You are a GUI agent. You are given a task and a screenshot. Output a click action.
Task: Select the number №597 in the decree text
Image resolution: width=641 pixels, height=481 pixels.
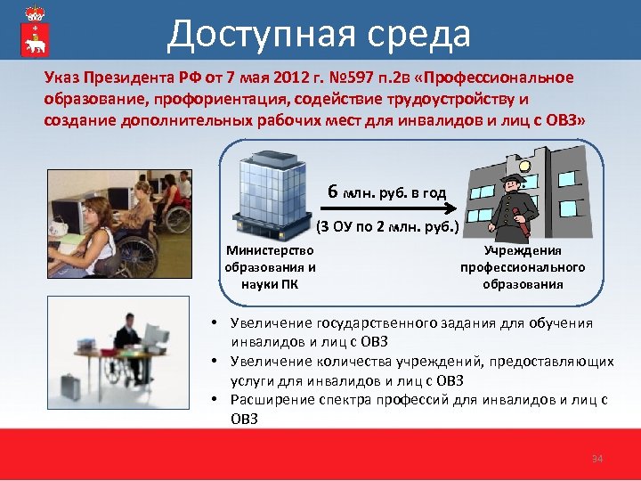point(335,77)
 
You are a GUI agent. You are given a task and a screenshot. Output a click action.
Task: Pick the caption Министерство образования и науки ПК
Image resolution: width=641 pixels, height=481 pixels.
point(271,268)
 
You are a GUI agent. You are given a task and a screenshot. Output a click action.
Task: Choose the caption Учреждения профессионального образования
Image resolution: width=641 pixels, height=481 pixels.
point(523,268)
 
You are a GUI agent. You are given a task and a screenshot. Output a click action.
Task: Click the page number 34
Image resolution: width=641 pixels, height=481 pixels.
point(597,459)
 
